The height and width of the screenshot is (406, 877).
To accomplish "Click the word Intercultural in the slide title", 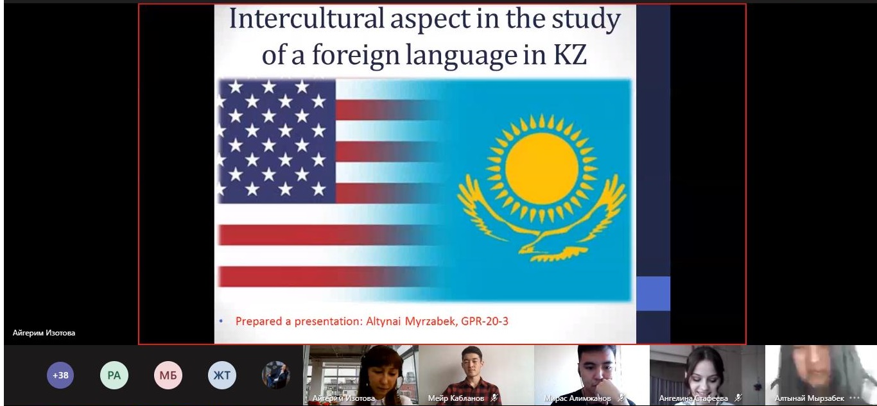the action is click(306, 19).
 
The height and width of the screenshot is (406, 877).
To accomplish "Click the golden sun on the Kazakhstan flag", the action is click(541, 168).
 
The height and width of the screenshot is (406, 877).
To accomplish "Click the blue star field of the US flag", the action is click(277, 141).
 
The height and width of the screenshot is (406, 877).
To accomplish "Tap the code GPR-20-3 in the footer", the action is click(485, 321).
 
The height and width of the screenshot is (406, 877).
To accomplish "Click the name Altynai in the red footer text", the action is click(383, 321).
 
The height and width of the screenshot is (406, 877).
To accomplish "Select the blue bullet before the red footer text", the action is click(221, 321).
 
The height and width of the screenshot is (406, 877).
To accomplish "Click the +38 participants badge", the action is click(60, 375).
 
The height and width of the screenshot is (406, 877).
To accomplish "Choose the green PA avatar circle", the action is click(114, 375).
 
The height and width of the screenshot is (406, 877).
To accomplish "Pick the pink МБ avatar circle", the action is click(168, 375).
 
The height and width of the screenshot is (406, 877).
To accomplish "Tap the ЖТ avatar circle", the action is click(222, 375).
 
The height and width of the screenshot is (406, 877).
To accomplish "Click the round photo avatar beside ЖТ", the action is click(275, 375).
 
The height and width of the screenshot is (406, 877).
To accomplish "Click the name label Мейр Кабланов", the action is click(456, 398).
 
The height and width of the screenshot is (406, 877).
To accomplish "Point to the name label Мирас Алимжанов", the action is click(577, 398).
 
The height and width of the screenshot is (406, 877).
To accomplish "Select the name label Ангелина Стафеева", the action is click(693, 398).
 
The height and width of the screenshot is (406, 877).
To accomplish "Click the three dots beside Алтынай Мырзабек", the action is click(855, 398).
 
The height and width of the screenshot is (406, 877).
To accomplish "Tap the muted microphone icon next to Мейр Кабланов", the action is click(494, 398).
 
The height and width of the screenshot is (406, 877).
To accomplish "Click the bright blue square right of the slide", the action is click(653, 294).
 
